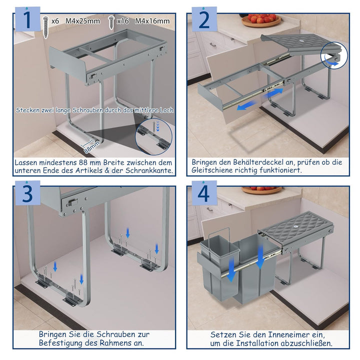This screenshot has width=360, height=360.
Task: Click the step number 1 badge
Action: point(27,19)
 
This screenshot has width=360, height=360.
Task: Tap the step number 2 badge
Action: point(204,19)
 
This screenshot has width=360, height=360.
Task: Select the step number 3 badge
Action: point(27,193)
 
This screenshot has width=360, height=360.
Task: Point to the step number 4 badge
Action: point(204,193)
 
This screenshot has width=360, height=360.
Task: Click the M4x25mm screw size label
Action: point(83,21)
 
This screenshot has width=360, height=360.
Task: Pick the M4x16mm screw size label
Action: point(152,21)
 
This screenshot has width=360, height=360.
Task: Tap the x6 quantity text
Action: point(55,21)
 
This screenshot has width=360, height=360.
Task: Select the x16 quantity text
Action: point(123,21)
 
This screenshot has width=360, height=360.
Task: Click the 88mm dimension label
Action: point(92,147)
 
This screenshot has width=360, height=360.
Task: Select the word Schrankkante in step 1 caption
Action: point(149,170)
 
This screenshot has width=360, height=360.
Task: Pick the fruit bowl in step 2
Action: point(261,20)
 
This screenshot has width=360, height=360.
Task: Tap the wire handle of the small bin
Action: point(219,237)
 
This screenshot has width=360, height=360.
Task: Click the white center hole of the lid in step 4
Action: point(296,226)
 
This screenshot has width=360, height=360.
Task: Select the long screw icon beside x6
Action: point(46,27)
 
